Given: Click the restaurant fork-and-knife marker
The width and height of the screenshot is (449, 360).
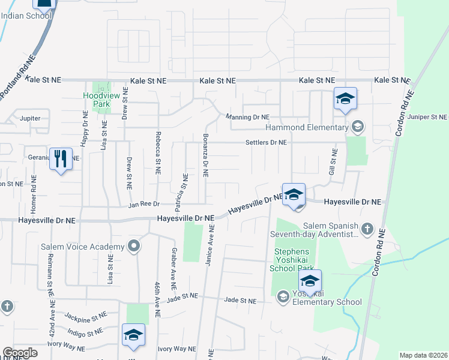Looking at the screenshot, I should (x=61, y=158).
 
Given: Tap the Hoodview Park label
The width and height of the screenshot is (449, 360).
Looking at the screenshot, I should (x=97, y=99).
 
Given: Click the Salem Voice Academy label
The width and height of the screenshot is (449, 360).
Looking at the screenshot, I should (x=82, y=246).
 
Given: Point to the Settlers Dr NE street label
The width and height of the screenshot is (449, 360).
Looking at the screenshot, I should (x=266, y=143).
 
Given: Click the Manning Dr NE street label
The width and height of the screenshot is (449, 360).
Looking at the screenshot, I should (x=247, y=117).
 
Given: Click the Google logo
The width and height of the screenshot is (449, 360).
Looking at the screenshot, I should (x=20, y=353).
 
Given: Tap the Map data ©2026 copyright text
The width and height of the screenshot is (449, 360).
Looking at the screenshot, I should (x=424, y=355).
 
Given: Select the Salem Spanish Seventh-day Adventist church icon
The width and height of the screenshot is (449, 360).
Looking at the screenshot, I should (x=367, y=229).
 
